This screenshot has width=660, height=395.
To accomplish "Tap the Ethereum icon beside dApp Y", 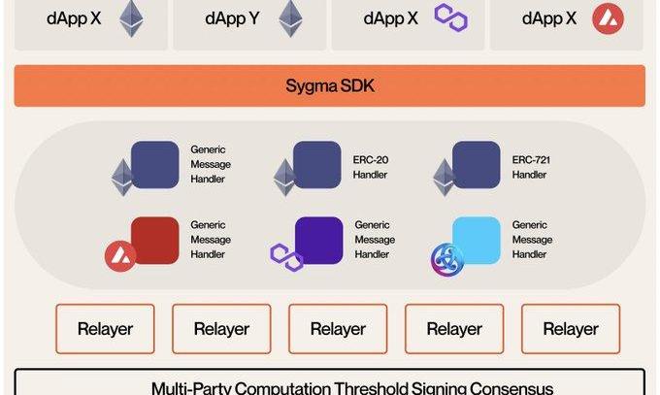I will pos(288,17).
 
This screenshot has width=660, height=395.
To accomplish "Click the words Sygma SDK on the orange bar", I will pos(329,86).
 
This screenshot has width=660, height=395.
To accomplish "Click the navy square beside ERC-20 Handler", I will pos(316,164).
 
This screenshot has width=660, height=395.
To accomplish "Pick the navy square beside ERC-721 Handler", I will pos(477,164).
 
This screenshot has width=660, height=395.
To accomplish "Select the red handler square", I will pos(155,240).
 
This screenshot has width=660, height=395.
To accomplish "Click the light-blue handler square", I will pos(477,240).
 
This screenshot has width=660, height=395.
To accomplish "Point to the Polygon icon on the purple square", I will pos(285,256).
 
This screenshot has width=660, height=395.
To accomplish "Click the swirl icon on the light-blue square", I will pos(446,257).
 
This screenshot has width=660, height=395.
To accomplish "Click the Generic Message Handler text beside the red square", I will pos(211,240).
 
